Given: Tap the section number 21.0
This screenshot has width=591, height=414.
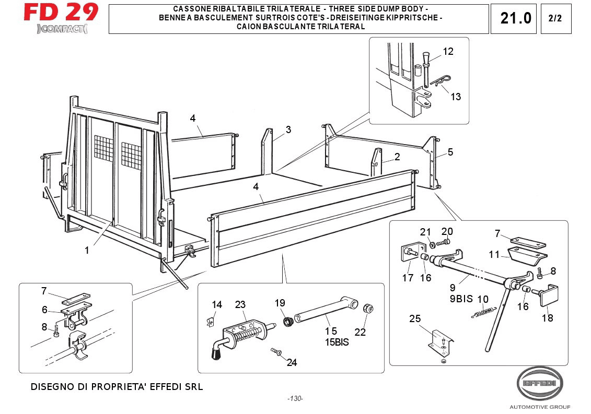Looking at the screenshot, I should coord(515,18).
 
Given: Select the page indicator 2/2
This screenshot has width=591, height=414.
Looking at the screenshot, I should coord(555,18).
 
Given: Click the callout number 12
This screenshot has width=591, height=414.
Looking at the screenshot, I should coord(448,51).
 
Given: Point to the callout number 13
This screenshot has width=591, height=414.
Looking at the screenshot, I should coord(456,97).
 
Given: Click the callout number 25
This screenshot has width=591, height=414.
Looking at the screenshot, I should coord(415,319).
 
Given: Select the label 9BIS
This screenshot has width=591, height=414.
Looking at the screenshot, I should coord(460,299).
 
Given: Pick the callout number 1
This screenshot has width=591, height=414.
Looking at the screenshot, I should coord(87,250).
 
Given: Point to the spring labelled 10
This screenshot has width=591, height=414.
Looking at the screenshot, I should coord(484,312).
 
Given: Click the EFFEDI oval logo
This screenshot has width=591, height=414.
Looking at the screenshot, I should coord(540,383).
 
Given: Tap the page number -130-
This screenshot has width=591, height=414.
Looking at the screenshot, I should coord(295,399).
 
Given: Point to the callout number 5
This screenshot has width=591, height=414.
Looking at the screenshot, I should coord(450,152).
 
